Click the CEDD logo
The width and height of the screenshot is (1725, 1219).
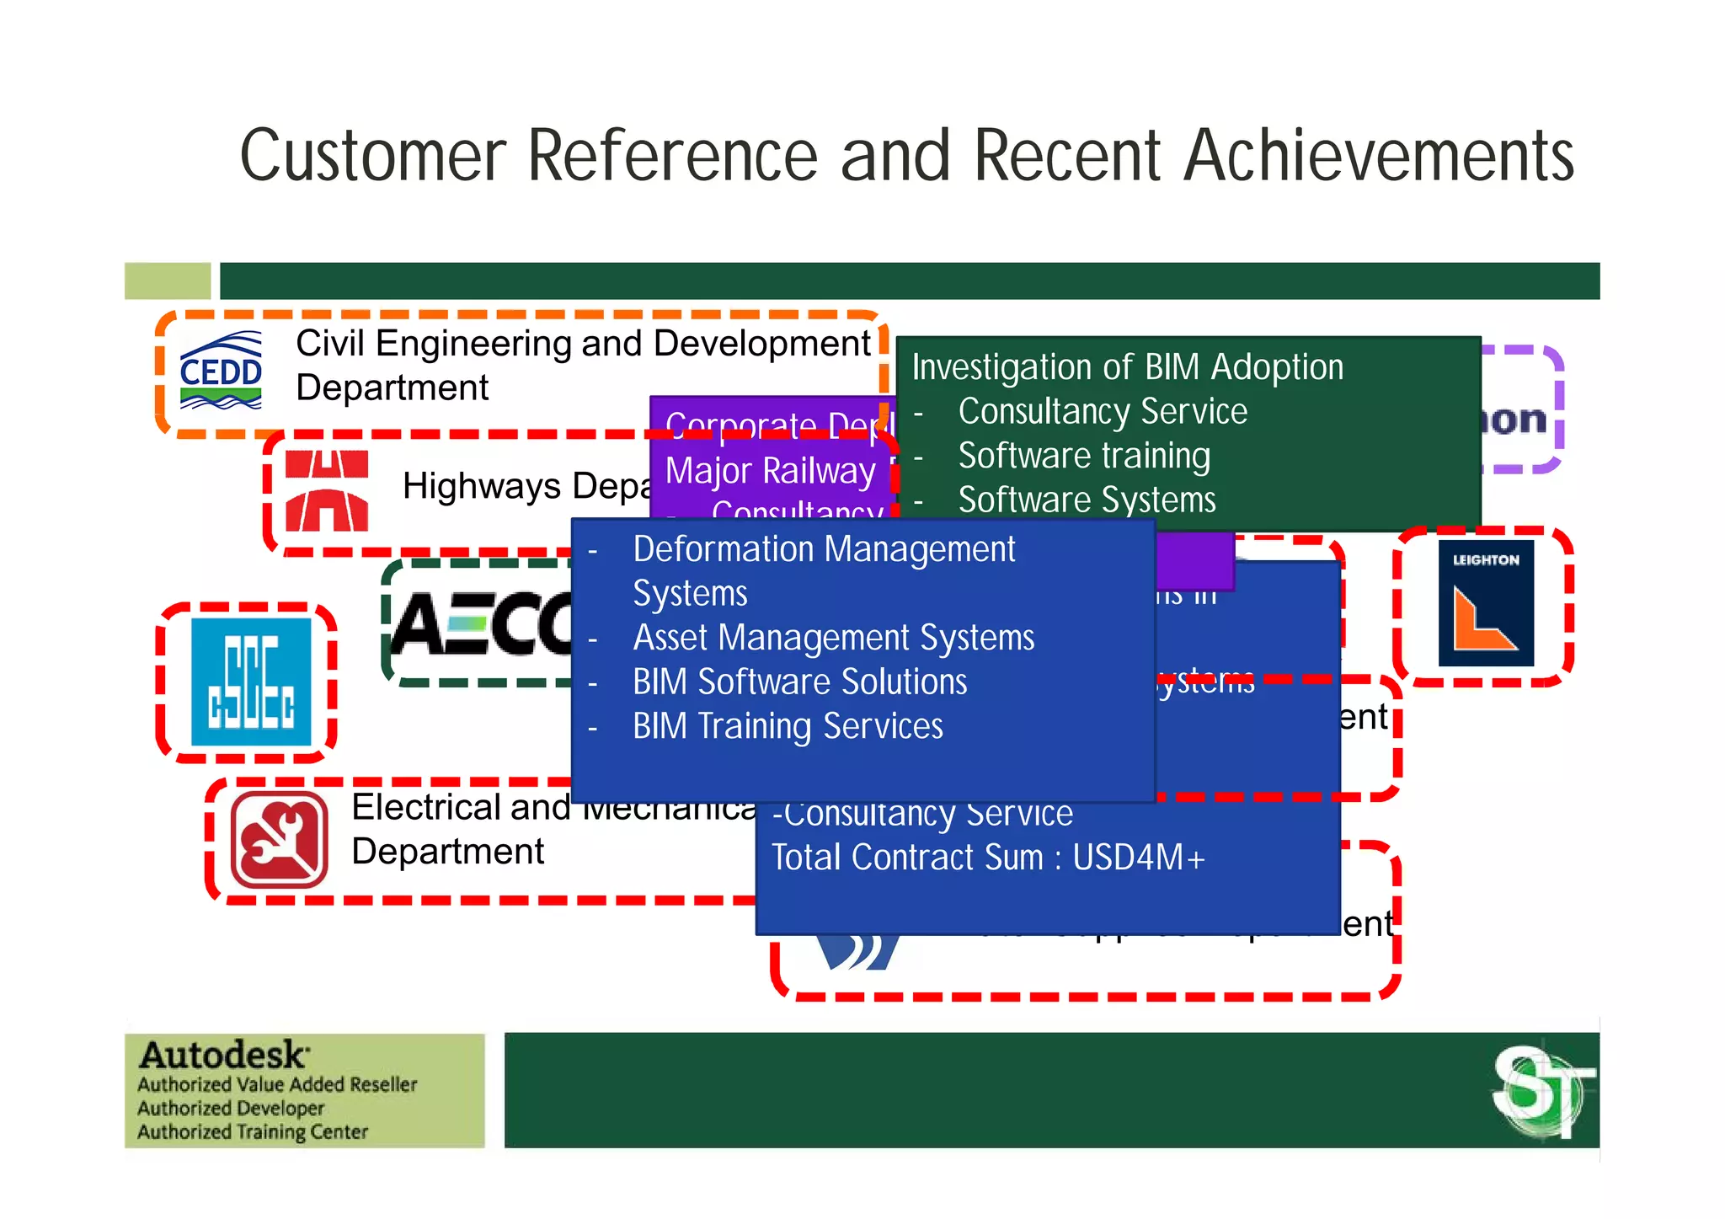point(221,371)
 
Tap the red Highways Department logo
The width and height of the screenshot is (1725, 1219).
point(327,491)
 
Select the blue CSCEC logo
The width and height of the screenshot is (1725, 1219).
point(251,682)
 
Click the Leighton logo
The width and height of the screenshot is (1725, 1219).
point(1486,604)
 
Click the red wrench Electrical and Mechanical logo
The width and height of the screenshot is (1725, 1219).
point(280,840)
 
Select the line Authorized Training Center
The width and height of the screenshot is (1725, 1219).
point(253,1131)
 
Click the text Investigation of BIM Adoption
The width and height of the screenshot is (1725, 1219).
point(1127,367)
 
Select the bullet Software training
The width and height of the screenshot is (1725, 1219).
point(1084,456)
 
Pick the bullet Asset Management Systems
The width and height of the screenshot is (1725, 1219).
point(833,638)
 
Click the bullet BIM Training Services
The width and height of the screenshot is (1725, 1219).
point(788,726)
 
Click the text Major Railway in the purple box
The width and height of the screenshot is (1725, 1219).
point(770,471)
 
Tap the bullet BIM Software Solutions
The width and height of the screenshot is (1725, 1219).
point(799,682)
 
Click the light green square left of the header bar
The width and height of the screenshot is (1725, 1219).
point(168,281)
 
